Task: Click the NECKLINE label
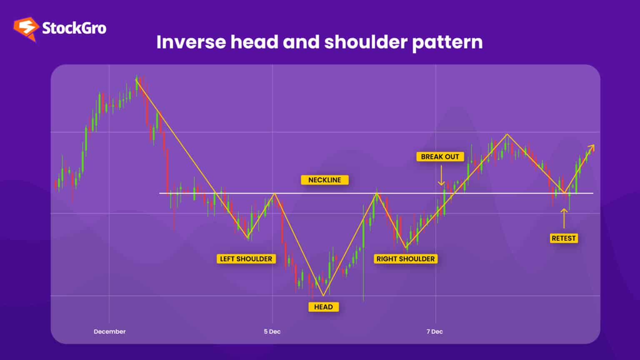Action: point(325,180)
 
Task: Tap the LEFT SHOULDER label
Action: point(246,259)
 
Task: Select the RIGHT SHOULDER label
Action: point(405,259)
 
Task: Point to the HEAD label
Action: point(323,307)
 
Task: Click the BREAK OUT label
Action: point(440,157)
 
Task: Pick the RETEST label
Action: point(563,238)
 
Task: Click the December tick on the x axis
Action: point(110,332)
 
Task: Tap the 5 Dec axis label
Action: point(272,332)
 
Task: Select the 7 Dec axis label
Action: point(435,332)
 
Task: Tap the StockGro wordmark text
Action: point(74,28)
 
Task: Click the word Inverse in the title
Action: point(191,42)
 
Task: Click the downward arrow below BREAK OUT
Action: point(441,176)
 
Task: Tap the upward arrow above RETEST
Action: point(564,217)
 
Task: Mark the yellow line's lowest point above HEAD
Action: point(323,295)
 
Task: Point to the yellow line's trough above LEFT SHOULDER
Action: point(248,238)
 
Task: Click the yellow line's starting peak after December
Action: point(136,80)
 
